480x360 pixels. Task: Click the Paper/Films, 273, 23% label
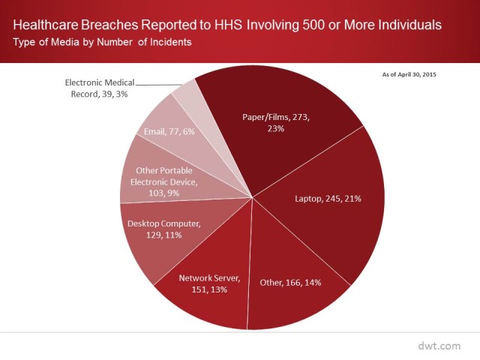click(x=276, y=123)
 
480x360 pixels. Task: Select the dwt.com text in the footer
click(x=439, y=346)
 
